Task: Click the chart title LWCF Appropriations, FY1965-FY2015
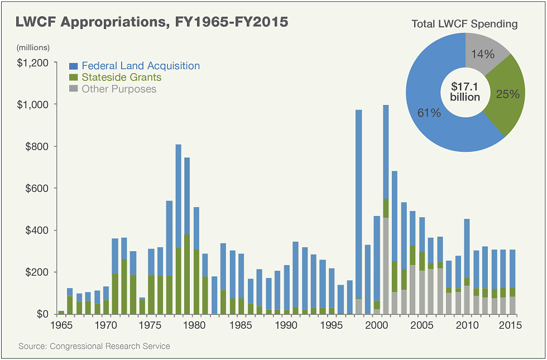152,22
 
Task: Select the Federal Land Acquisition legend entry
140,66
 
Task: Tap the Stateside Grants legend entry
121,78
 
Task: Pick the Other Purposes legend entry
119,89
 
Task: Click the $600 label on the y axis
36,188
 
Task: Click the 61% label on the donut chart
429,113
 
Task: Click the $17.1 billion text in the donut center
465,92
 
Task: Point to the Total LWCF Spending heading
464,24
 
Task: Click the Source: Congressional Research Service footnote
94,347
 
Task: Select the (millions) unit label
33,47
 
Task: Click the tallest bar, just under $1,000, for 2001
386,151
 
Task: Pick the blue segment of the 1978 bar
179,195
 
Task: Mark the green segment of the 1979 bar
188,273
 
